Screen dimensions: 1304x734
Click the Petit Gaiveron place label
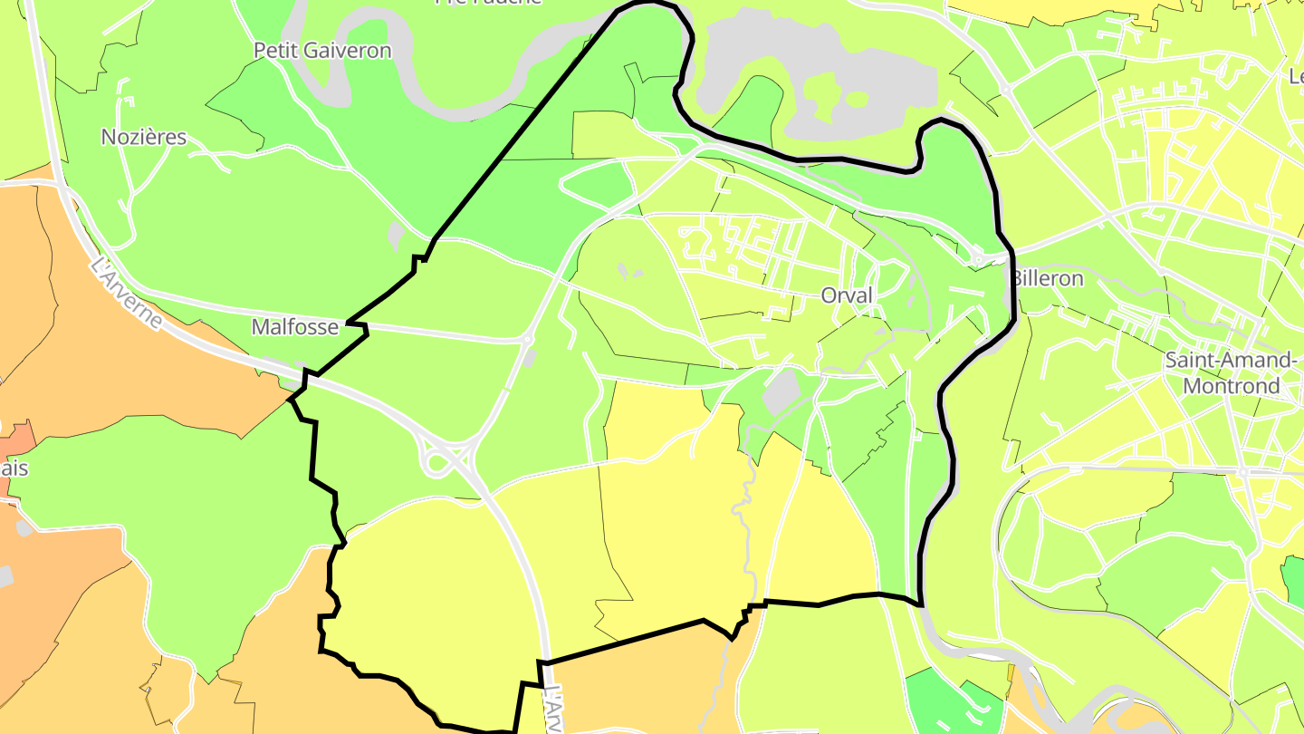tap(322, 51)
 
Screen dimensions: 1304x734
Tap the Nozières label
tap(144, 138)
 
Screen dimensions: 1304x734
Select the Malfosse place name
tap(294, 327)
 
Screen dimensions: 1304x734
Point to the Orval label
tap(847, 295)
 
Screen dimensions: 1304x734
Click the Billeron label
tap(1047, 279)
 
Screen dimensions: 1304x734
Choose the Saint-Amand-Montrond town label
tap(1229, 372)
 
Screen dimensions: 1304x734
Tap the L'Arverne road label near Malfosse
tap(127, 295)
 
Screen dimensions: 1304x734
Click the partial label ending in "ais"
tap(14, 468)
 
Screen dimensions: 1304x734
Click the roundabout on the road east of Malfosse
tap(527, 340)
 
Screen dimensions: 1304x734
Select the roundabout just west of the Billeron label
tap(978, 260)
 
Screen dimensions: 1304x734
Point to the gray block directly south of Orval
tap(781, 391)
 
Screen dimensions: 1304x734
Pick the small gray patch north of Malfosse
tap(396, 236)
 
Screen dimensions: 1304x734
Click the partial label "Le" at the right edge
tap(1295, 77)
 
